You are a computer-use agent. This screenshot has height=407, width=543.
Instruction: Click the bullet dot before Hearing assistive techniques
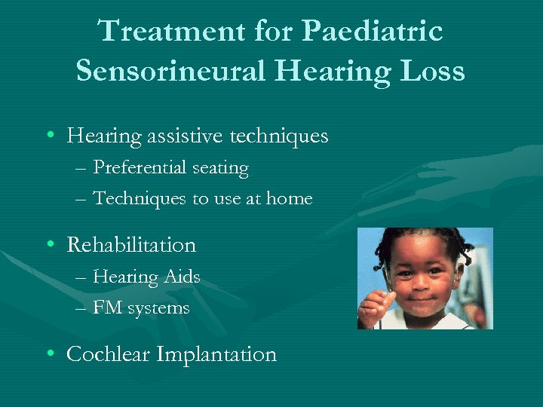[49, 136]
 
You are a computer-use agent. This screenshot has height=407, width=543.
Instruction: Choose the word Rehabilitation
[131, 245]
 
